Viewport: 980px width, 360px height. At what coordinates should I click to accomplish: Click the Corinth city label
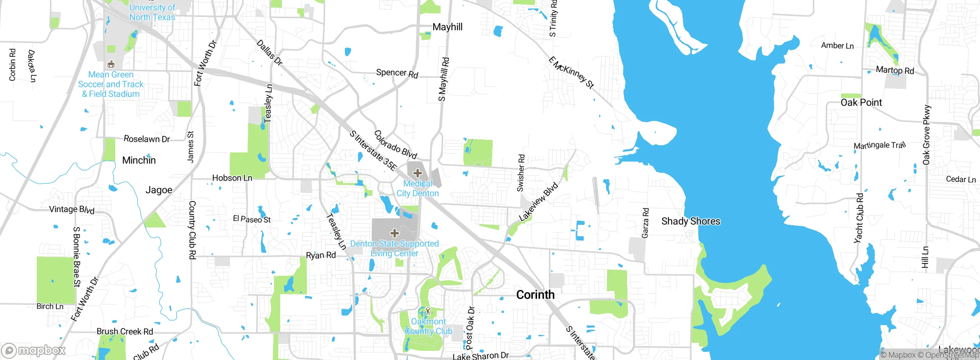point(535,295)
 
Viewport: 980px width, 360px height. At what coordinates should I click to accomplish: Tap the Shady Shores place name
point(691,221)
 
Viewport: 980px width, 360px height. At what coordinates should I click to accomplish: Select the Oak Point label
point(861,102)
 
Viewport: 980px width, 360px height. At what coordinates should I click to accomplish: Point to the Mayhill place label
point(447,27)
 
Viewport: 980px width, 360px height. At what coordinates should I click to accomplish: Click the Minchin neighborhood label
point(139,160)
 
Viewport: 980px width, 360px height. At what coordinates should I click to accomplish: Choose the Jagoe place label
point(158,190)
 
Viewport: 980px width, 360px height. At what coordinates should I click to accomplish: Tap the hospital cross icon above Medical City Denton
point(417,173)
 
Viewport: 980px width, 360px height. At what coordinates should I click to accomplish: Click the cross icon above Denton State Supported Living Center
point(394,233)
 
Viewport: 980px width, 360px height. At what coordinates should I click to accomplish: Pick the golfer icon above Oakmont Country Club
point(428,311)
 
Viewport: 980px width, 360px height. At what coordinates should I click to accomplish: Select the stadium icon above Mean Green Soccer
point(111,64)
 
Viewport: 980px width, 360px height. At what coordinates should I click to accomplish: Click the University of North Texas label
point(152,12)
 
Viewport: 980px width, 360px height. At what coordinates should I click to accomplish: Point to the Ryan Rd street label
point(321,255)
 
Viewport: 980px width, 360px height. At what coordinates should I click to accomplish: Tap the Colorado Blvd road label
point(395,144)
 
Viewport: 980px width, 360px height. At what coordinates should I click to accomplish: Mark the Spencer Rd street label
point(397,73)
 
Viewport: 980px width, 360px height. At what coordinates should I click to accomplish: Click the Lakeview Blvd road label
point(538,202)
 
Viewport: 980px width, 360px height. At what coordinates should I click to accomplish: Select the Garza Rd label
point(645,223)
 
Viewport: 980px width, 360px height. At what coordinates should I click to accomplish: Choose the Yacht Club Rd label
point(859,218)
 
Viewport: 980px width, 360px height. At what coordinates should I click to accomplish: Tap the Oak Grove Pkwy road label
point(926,135)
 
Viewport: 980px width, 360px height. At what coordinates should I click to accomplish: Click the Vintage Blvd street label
point(72,209)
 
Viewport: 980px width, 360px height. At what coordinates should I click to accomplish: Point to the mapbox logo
point(34,350)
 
